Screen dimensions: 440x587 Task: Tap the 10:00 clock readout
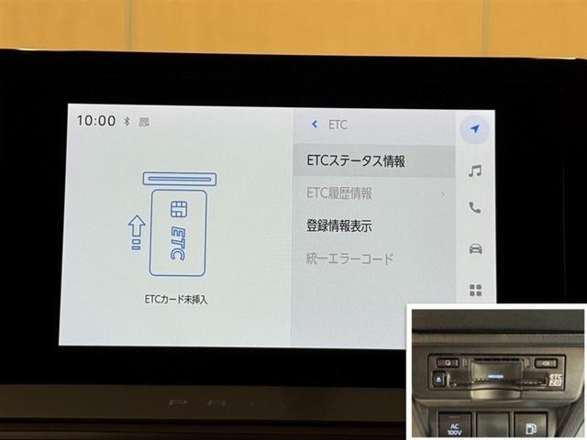[x=95, y=121]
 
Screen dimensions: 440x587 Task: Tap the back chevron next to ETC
[x=315, y=123]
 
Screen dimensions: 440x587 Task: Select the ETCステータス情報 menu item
[x=356, y=161]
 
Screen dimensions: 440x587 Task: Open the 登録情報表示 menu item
[x=338, y=225]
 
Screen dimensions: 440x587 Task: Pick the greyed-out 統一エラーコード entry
[x=349, y=258]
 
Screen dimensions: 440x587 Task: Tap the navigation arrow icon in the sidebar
[x=474, y=127]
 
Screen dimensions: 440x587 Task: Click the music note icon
[x=474, y=170]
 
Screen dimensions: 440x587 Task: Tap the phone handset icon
[x=474, y=208]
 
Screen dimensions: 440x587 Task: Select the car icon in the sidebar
[x=474, y=248]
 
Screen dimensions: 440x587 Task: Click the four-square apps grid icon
[x=475, y=290]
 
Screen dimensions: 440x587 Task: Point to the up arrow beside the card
[x=136, y=232]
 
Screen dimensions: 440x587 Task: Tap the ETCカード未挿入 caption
[x=177, y=299]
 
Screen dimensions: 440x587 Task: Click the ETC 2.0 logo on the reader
[x=556, y=379]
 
